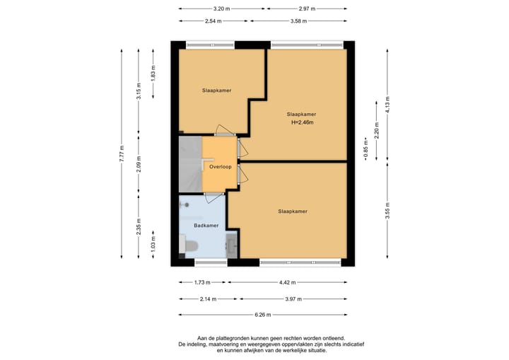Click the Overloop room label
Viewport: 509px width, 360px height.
tap(221, 167)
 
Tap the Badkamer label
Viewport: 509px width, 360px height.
tap(206, 226)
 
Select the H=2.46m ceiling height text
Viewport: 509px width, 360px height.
tap(303, 122)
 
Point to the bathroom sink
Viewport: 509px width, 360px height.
tap(232, 245)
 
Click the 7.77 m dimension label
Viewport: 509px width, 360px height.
tap(122, 153)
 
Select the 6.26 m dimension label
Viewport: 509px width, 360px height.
tap(263, 315)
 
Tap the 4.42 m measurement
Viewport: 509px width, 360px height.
tap(288, 282)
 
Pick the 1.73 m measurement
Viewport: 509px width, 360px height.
tap(202, 282)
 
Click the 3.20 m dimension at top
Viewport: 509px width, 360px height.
tap(222, 8)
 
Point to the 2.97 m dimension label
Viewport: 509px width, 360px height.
tap(307, 8)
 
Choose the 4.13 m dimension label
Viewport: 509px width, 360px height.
tap(387, 105)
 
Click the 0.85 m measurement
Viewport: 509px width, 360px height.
tap(366, 149)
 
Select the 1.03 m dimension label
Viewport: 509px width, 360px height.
tap(153, 244)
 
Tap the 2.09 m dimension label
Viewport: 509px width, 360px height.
tap(139, 164)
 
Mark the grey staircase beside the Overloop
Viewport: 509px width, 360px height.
tap(191, 164)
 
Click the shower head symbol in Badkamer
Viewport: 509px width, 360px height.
tap(187, 204)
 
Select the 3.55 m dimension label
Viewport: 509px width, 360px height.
tap(387, 211)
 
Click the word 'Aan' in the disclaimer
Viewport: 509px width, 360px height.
tap(201, 338)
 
